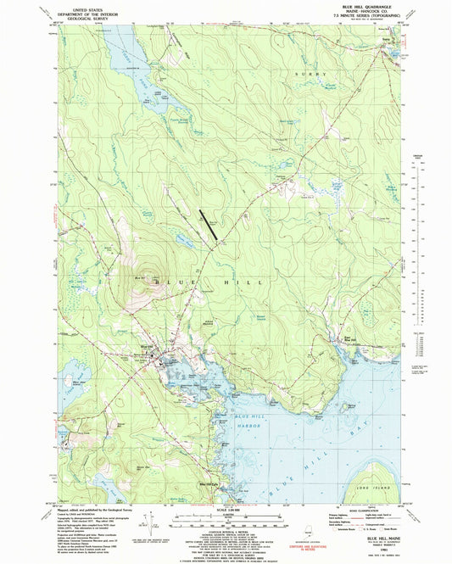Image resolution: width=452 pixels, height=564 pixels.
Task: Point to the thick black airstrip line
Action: click(209, 223)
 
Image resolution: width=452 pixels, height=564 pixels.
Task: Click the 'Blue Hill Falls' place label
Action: click(209, 484)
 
